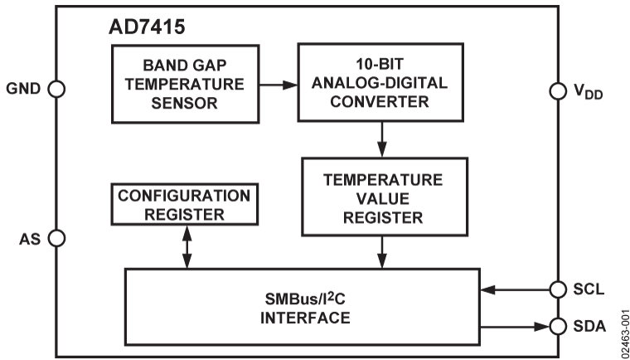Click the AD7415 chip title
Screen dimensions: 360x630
[147, 27]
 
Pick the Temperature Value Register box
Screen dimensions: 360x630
[382, 198]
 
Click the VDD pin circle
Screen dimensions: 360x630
[558, 90]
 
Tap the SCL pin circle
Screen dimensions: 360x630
[558, 289]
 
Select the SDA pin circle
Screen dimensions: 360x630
[558, 324]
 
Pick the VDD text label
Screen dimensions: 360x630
[590, 91]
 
